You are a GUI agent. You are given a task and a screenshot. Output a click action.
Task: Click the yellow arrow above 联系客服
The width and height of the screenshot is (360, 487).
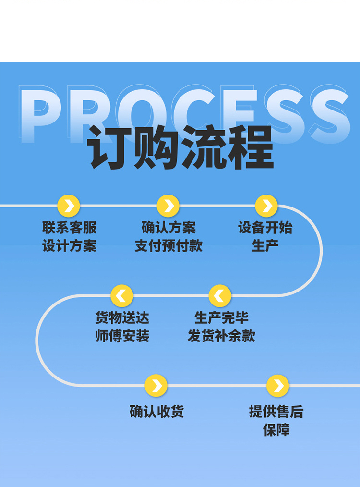point(69,206)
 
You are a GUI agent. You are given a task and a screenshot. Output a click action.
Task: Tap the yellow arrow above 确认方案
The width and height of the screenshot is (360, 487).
point(168,206)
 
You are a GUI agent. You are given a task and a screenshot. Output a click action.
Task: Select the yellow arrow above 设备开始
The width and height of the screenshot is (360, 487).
point(266,206)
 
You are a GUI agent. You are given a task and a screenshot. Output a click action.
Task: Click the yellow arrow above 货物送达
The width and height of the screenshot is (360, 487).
point(121,296)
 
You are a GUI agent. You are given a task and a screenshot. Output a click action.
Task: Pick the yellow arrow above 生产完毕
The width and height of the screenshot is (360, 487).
point(220,296)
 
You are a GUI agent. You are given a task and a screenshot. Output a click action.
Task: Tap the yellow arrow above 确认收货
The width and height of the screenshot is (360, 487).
point(156,386)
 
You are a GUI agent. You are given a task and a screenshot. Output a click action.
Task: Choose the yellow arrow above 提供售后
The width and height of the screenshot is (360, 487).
point(277,386)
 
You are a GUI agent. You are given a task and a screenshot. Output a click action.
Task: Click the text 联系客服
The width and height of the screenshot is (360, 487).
point(70,228)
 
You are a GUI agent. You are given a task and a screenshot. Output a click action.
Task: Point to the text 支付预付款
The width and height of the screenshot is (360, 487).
point(168,246)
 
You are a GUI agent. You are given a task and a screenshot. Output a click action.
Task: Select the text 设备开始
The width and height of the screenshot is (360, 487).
point(265,228)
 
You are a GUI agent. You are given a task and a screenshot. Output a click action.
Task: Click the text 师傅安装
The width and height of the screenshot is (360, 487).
point(122,336)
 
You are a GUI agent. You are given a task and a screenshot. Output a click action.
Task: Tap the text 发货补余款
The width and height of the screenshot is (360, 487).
point(221,336)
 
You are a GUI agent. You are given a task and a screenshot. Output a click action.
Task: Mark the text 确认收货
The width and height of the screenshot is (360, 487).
point(157,411)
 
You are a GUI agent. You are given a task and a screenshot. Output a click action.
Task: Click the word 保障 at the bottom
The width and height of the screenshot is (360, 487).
point(276,430)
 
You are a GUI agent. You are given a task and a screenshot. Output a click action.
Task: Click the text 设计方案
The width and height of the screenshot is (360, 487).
point(70,246)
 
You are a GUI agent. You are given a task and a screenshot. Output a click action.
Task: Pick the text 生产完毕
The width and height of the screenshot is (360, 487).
point(221,318)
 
